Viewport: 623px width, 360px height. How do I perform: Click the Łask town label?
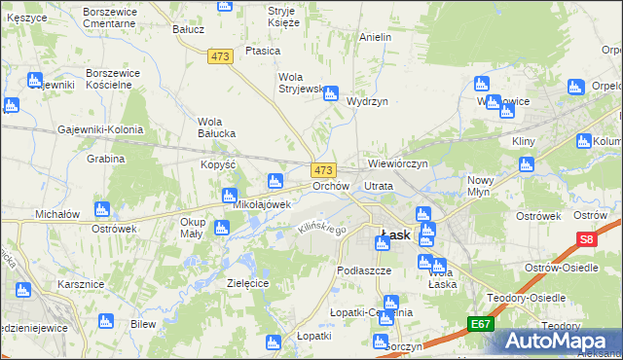(x=394, y=234)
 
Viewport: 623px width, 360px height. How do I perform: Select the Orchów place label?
(x=330, y=186)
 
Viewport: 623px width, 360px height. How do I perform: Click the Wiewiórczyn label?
(x=398, y=164)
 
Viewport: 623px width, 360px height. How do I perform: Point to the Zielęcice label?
(x=247, y=282)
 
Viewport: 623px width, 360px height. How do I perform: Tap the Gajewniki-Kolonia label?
(x=100, y=129)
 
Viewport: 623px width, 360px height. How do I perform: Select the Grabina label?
(x=106, y=159)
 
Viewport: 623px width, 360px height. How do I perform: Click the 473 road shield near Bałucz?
(x=220, y=57)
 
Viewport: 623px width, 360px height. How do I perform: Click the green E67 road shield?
(x=478, y=323)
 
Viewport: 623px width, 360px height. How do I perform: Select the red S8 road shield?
(x=585, y=238)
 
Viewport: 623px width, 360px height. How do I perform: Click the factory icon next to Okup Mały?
(x=222, y=229)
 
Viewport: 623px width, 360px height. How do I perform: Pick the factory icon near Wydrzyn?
(x=330, y=95)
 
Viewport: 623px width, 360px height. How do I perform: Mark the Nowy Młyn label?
(x=481, y=186)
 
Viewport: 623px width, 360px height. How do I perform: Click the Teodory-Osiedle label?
(x=554, y=298)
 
